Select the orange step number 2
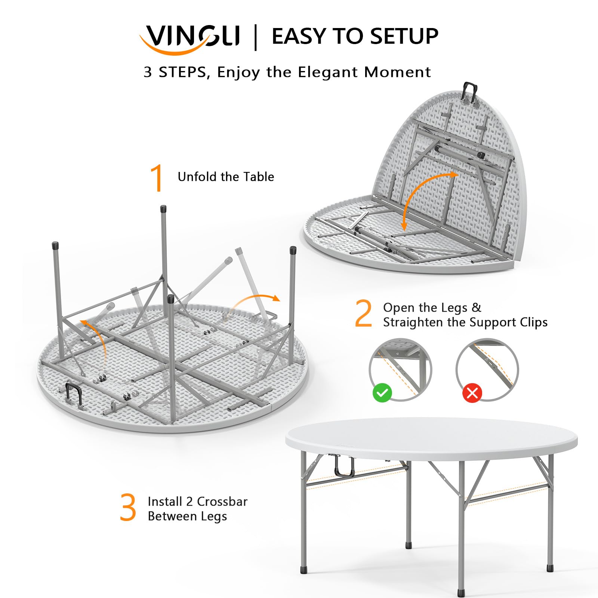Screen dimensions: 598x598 (x=363, y=314)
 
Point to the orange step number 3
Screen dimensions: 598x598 (x=128, y=508)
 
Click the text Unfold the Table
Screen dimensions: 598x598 (x=226, y=177)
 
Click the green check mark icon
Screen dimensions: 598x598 (x=382, y=393)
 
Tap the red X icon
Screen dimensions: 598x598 (x=472, y=393)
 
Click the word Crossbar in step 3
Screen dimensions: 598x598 (x=222, y=502)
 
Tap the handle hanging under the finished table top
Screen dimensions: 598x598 (x=344, y=467)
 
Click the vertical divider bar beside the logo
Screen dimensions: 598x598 (x=256, y=37)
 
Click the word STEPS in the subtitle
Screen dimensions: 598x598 (x=182, y=72)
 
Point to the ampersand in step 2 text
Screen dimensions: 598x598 (x=476, y=307)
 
